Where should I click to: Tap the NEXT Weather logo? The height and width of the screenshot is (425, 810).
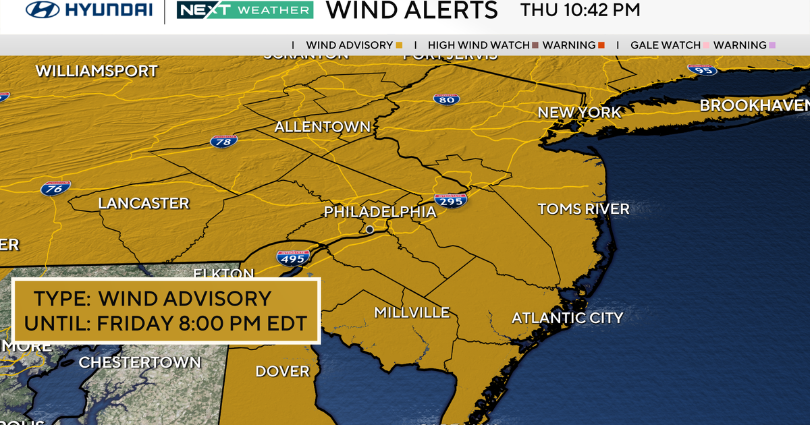244,11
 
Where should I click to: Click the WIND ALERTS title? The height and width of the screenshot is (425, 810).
411,11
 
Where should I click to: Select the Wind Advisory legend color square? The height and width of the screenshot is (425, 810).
399,45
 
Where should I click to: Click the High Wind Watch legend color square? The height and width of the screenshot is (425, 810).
534,45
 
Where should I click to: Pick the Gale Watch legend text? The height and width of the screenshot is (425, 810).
665,45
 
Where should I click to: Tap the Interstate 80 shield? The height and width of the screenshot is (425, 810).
447,99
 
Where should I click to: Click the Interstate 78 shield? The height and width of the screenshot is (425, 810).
223,141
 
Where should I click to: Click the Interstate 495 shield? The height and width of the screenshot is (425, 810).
292,257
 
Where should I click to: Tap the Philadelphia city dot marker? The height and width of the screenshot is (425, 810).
369,230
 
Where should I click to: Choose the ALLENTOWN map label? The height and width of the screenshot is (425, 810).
323,127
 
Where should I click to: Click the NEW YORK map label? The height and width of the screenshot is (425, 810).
579,113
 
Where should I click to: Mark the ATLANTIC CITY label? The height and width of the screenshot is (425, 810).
567,318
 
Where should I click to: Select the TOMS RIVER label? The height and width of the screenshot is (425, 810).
583,209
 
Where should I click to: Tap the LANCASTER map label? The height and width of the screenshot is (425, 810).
144,203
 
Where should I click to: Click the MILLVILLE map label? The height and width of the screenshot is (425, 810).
412,312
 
